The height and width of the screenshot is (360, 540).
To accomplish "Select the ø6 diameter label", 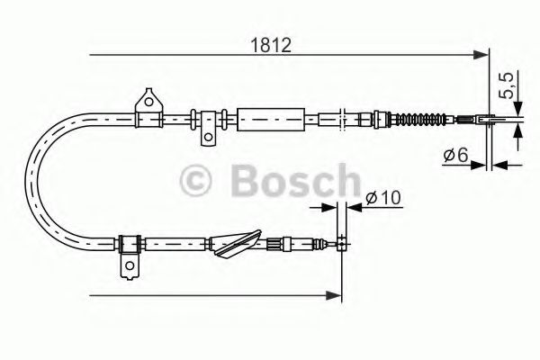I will pos(454,156).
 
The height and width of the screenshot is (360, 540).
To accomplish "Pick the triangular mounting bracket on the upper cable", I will pos(145,103).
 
